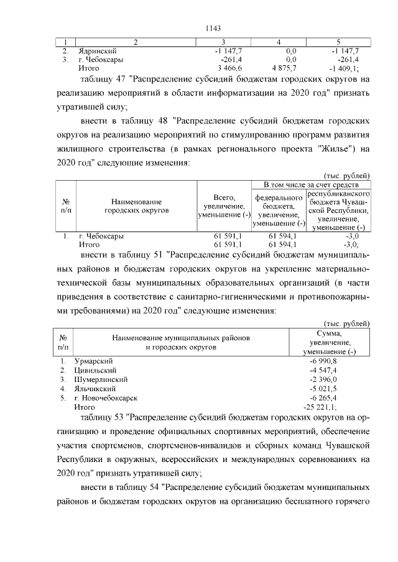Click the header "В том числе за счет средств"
(x=312, y=185)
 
